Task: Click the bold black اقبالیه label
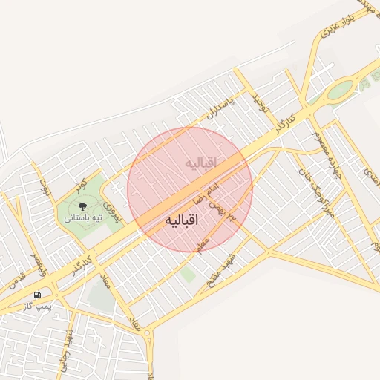183,221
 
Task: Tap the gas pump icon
36,295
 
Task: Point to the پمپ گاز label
36,306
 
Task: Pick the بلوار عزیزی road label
333,24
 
